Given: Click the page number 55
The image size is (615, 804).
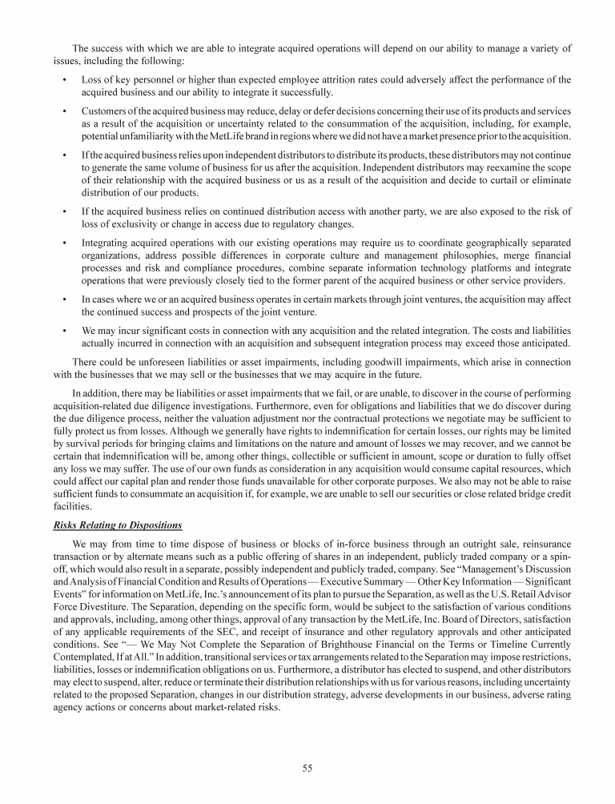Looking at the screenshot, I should pyautogui.click(x=307, y=769).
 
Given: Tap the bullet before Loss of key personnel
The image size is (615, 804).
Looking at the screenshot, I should pyautogui.click(x=63, y=79).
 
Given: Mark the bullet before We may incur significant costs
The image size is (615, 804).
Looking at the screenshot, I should pyautogui.click(x=63, y=329).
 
